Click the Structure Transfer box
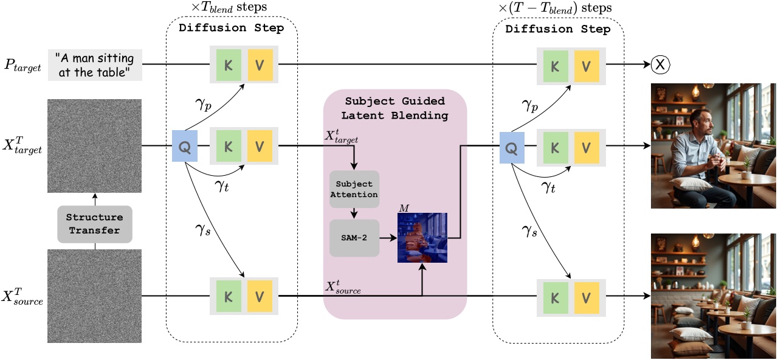(x=94, y=223)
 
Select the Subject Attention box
(x=354, y=189)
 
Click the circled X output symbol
(x=660, y=64)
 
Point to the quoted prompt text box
(x=95, y=64)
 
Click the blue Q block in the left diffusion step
(x=184, y=146)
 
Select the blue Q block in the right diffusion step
(x=511, y=146)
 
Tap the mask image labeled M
(x=422, y=237)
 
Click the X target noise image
(x=94, y=146)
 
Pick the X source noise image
(x=94, y=296)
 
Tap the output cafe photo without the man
(x=714, y=296)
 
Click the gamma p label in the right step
(x=530, y=106)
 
